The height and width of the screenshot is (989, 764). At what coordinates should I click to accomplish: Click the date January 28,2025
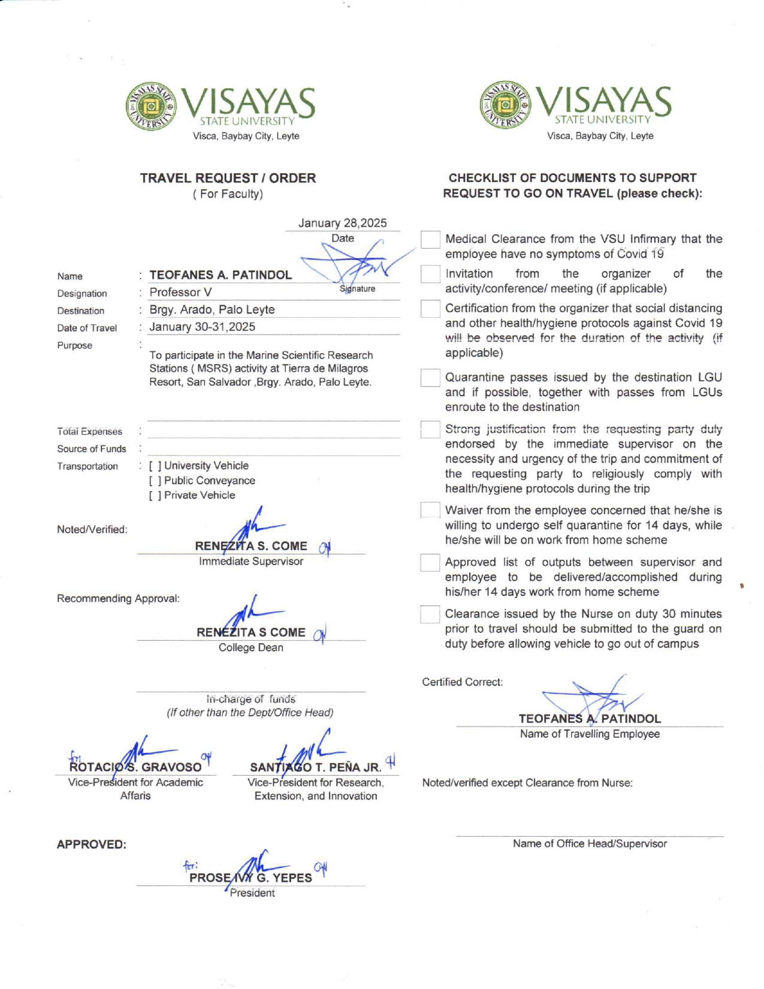point(342,223)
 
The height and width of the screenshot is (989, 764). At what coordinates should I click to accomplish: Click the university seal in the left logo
point(151,107)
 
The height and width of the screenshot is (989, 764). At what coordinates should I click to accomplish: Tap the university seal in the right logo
point(505,105)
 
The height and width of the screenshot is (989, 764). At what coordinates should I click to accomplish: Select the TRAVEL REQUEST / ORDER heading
point(228,178)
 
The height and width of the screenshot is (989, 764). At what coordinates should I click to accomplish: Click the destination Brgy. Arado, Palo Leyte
point(212,310)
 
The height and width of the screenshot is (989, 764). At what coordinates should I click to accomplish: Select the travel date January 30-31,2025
point(202,327)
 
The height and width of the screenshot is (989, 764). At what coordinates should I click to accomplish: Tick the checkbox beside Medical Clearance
point(430,240)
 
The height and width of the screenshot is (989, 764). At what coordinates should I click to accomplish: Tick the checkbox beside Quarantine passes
point(430,378)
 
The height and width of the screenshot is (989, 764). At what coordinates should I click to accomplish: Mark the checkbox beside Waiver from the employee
point(430,511)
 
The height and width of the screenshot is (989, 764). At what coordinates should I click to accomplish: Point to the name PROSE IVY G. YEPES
point(250,878)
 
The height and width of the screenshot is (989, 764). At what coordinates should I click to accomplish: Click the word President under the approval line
point(252,893)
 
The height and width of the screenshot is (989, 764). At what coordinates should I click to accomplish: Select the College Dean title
point(250,648)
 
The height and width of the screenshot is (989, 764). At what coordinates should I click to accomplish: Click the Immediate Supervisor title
point(251,562)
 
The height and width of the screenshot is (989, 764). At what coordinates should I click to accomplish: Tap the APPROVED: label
point(91,845)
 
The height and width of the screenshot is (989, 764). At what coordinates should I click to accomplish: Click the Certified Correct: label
point(462,682)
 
